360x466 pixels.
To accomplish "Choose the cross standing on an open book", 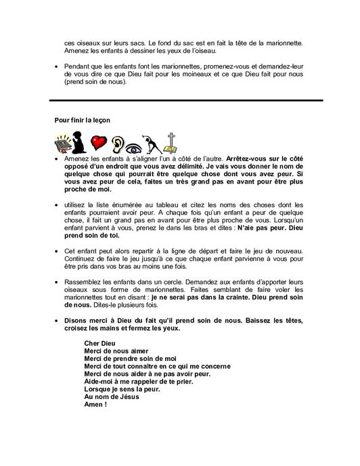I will pyautogui.click(x=179, y=143).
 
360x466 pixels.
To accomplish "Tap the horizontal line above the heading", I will pyautogui.click(x=179, y=100).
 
